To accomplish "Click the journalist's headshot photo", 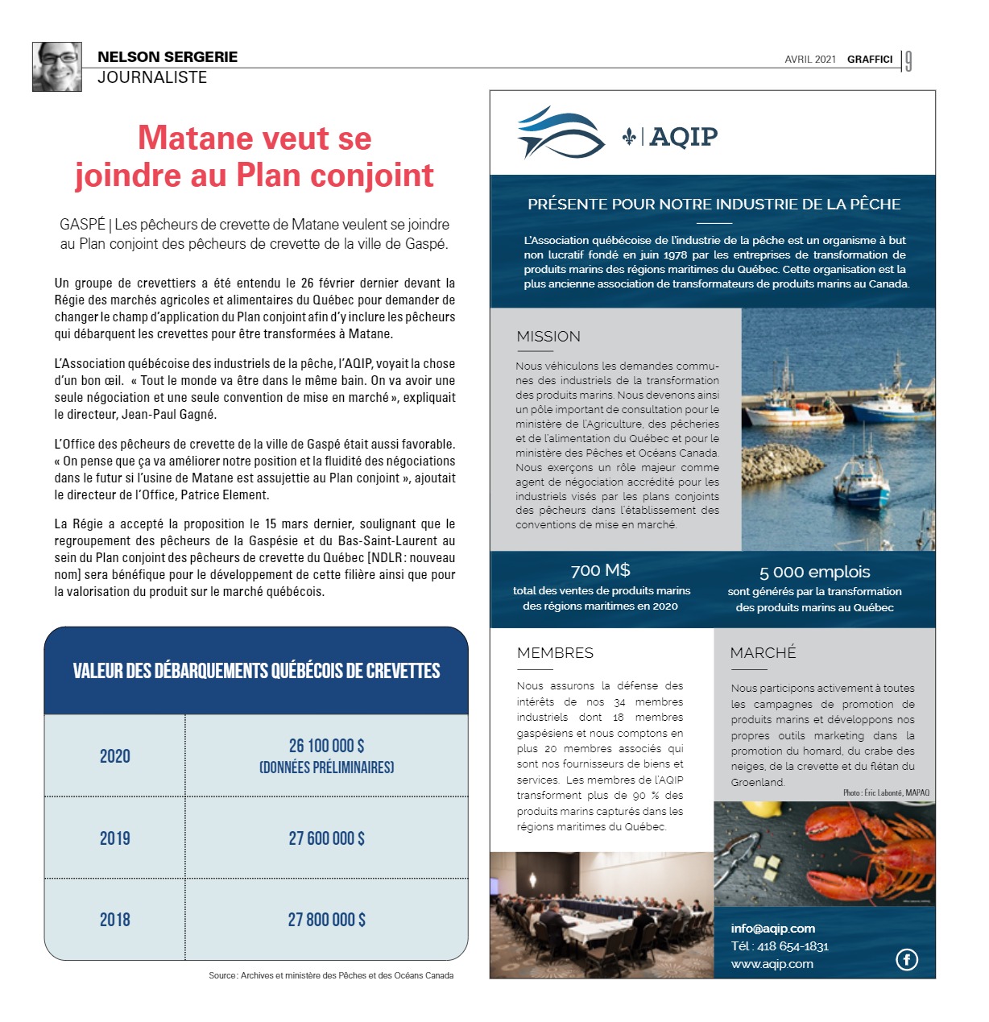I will (57, 67).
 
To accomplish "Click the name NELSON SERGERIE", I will (168, 57).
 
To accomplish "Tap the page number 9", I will (908, 61).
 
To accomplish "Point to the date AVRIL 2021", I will (810, 60).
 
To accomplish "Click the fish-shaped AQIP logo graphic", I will (561, 133).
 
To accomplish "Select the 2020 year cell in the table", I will (115, 756).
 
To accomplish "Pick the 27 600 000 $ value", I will (326, 838).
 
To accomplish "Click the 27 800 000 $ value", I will (326, 920).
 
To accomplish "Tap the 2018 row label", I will (115, 920).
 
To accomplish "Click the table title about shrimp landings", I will (256, 671).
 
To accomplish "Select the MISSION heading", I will (548, 337).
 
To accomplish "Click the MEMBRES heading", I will (555, 653).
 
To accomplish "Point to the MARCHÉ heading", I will (763, 653).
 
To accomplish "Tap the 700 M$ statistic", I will (600, 571).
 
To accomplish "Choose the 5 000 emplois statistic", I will (814, 573).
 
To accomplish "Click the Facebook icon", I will (907, 959).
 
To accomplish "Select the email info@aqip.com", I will (772, 929).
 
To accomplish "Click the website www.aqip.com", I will (772, 964).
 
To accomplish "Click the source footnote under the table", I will (330, 975).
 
